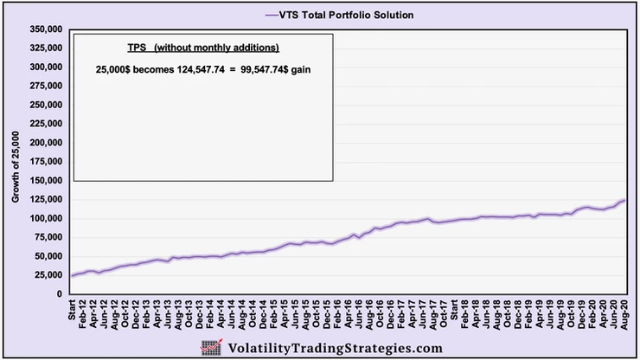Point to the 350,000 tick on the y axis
coord(42,29)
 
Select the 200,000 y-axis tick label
coord(42,143)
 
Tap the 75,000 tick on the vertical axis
coord(45,237)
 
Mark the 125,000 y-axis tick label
coord(42,199)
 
